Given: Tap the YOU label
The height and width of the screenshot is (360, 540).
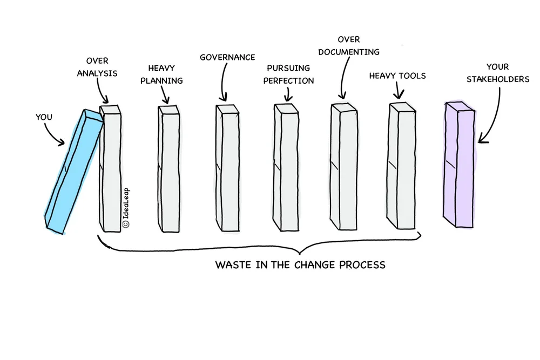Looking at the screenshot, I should tap(44, 117).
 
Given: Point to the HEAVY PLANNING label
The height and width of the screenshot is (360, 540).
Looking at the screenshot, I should tap(165, 74).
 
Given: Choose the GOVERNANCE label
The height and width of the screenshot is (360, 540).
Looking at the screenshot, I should tap(227, 57).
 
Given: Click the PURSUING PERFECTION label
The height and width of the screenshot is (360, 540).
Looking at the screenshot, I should tap(291, 74).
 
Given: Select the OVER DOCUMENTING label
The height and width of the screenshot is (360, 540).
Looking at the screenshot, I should tap(348, 46).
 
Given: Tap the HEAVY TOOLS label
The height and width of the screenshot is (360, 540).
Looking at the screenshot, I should tap(397, 76).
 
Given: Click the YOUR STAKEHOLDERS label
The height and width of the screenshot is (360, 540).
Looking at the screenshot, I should tap(497, 73).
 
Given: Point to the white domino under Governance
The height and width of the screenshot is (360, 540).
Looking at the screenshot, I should tap(227, 167).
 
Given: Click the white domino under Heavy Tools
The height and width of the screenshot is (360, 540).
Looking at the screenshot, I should tap(400, 167).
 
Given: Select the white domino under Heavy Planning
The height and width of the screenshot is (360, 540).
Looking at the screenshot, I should tap(168, 167).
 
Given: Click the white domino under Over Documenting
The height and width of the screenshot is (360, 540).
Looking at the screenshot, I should tap(342, 167).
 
